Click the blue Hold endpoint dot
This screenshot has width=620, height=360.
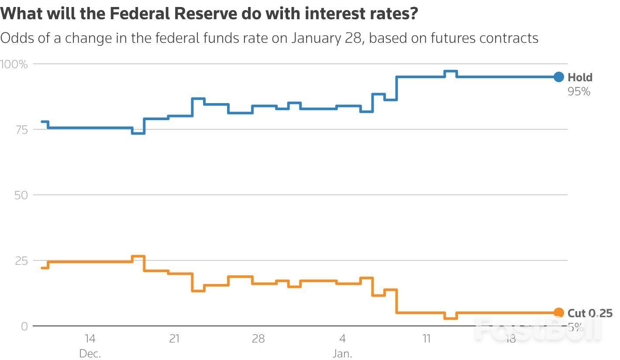559,77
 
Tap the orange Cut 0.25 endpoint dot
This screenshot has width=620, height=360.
559,312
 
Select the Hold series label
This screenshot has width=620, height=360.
580,77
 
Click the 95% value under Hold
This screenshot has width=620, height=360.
579,91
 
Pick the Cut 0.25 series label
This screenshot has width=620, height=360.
589,313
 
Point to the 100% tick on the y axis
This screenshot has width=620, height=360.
14,64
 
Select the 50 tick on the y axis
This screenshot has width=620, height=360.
21,195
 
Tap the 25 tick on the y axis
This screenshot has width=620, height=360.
21,261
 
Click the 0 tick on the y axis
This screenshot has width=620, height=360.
24,326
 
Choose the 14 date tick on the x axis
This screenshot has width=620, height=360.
90,339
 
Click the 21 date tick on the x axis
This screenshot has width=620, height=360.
174,339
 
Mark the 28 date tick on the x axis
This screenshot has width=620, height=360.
258,339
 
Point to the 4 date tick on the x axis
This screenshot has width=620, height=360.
342,339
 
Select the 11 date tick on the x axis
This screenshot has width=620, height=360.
426,339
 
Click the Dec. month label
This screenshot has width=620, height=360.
90,353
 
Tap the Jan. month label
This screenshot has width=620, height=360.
342,353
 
